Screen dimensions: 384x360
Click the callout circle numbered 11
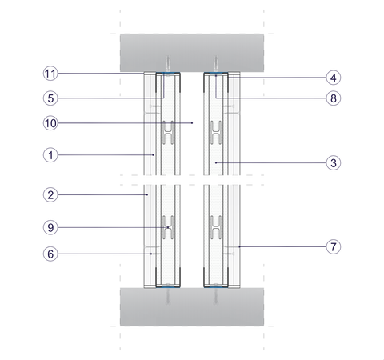pyautogui.click(x=50, y=74)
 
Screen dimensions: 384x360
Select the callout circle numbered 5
pyautogui.click(x=50, y=98)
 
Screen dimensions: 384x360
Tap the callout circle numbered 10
pyautogui.click(x=50, y=123)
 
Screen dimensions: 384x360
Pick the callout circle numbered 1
pyautogui.click(x=50, y=155)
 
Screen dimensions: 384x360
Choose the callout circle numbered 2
pyautogui.click(x=50, y=195)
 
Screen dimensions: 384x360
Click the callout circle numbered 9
pyautogui.click(x=50, y=228)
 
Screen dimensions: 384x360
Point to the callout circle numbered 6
pyautogui.click(x=50, y=254)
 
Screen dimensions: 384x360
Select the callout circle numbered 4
pyautogui.click(x=334, y=78)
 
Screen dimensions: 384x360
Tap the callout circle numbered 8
pyautogui.click(x=334, y=98)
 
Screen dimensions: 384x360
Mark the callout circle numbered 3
pyautogui.click(x=334, y=163)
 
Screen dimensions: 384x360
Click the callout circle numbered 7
pyautogui.click(x=334, y=247)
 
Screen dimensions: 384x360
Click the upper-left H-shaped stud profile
pyautogui.click(x=168, y=133)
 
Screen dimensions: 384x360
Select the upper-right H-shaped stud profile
pyautogui.click(x=216, y=133)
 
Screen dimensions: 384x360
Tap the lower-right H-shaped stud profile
pyautogui.click(x=216, y=227)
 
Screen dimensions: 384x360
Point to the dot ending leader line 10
pyautogui.click(x=192, y=123)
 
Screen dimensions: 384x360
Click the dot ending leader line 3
pyautogui.click(x=216, y=162)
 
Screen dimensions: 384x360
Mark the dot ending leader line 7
pyautogui.click(x=239, y=246)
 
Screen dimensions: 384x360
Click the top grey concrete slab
pyautogui.click(x=192, y=53)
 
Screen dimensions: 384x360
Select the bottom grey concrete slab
pyautogui.click(x=192, y=306)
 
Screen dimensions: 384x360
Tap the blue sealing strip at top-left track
pyautogui.click(x=168, y=73)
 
